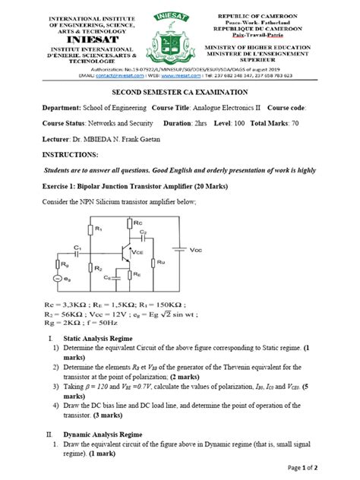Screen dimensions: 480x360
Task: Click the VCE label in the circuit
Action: pos(138,251)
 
